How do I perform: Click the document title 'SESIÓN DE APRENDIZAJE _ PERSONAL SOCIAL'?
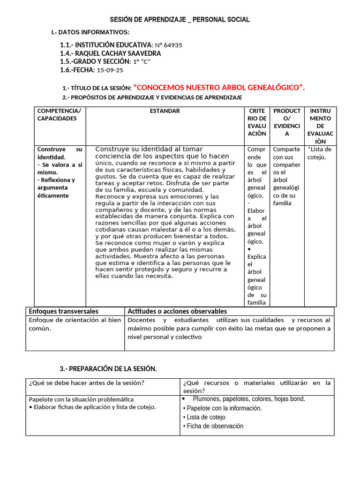[180, 20]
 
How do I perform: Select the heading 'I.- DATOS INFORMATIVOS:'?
[90, 32]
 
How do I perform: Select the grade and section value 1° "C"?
[142, 62]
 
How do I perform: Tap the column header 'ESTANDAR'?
[165, 111]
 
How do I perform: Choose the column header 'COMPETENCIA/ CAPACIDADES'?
[59, 115]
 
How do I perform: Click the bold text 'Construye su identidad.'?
[59, 153]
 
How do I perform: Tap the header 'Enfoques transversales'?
[64, 311]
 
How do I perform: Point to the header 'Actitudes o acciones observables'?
[177, 311]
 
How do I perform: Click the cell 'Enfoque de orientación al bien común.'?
[75, 324]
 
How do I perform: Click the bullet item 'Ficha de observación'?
[215, 426]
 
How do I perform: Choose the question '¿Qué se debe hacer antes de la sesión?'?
[86, 383]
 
